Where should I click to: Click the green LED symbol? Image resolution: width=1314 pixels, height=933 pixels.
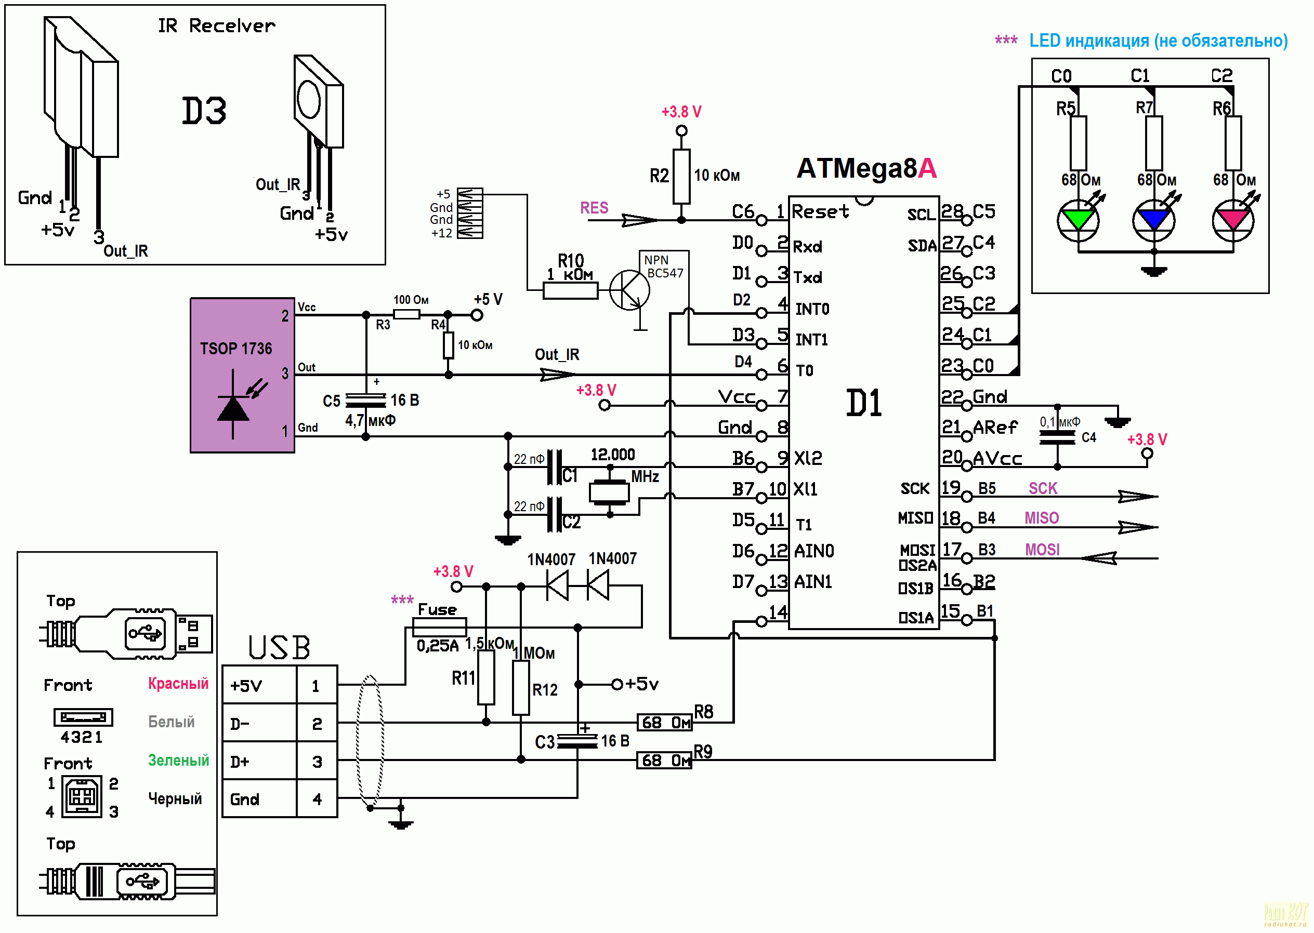point(1079,221)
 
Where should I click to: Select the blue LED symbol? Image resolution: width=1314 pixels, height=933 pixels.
point(1153,221)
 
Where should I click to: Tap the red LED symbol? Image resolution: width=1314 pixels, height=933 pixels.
point(1233,221)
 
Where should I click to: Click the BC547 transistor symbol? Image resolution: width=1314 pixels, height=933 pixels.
point(629,290)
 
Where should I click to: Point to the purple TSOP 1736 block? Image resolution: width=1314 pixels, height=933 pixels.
point(242,375)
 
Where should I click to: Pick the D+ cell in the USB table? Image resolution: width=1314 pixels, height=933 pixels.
point(259,761)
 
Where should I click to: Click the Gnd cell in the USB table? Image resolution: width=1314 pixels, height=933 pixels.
point(259,798)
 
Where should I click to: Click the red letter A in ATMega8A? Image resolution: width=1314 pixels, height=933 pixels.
point(927,168)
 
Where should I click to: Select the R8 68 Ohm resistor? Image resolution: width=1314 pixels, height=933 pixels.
point(664,722)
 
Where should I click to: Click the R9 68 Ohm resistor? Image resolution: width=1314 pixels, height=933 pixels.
point(664,760)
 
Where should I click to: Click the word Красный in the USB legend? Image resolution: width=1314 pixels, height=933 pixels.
point(178,683)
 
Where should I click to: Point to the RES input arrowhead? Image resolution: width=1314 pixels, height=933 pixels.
point(640,220)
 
